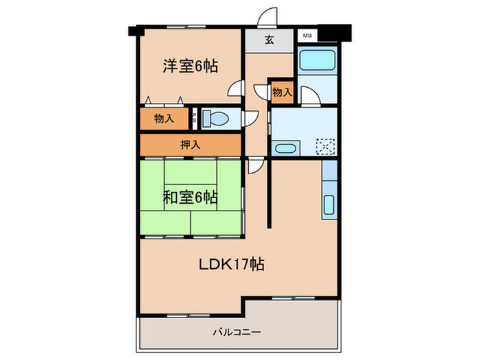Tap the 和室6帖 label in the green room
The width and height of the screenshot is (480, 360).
click(x=191, y=198)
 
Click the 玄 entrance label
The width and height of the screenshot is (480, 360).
click(x=269, y=40)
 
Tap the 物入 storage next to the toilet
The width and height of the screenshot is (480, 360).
click(x=165, y=119)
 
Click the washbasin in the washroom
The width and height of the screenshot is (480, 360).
click(x=283, y=147)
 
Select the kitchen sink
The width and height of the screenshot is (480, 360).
click(x=328, y=204)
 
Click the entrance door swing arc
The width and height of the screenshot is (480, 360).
click(x=269, y=16)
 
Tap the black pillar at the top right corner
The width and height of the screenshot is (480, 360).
click(x=338, y=32)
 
